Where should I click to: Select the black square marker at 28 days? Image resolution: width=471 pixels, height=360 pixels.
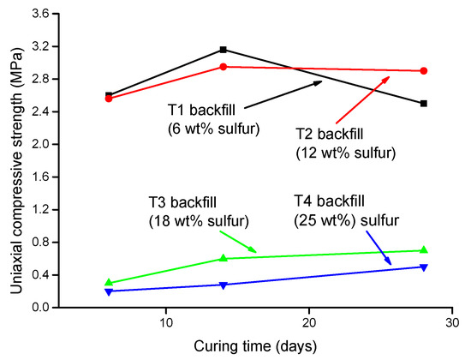[x=424, y=104]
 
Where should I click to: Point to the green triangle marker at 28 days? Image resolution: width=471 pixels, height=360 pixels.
[x=424, y=249]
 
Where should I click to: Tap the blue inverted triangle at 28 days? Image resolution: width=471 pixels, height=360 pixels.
[x=424, y=267]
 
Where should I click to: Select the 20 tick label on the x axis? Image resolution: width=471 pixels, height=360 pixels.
[x=309, y=323]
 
